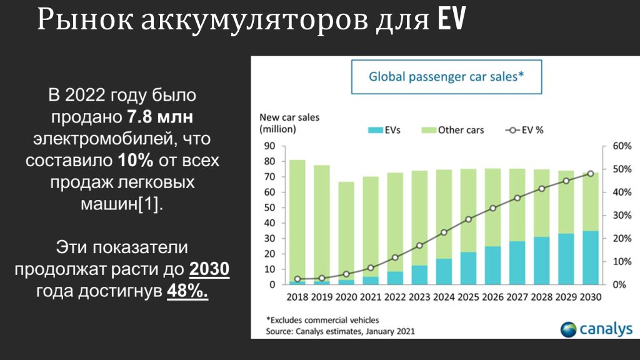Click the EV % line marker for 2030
(591, 174)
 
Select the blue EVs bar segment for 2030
(591, 257)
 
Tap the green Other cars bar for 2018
(297, 221)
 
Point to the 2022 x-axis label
(395, 297)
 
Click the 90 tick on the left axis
(270, 146)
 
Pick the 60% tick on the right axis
(622, 146)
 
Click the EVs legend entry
(384, 130)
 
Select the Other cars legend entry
(452, 130)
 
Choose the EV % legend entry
(524, 130)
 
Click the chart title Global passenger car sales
(446, 77)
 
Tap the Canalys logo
(596, 329)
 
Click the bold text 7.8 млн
(160, 117)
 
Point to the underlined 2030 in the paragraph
(209, 269)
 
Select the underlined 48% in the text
(187, 291)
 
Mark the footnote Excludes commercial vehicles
(322, 320)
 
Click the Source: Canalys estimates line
(340, 331)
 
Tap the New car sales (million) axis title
(289, 123)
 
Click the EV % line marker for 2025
(468, 219)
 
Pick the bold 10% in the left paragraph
(136, 161)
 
